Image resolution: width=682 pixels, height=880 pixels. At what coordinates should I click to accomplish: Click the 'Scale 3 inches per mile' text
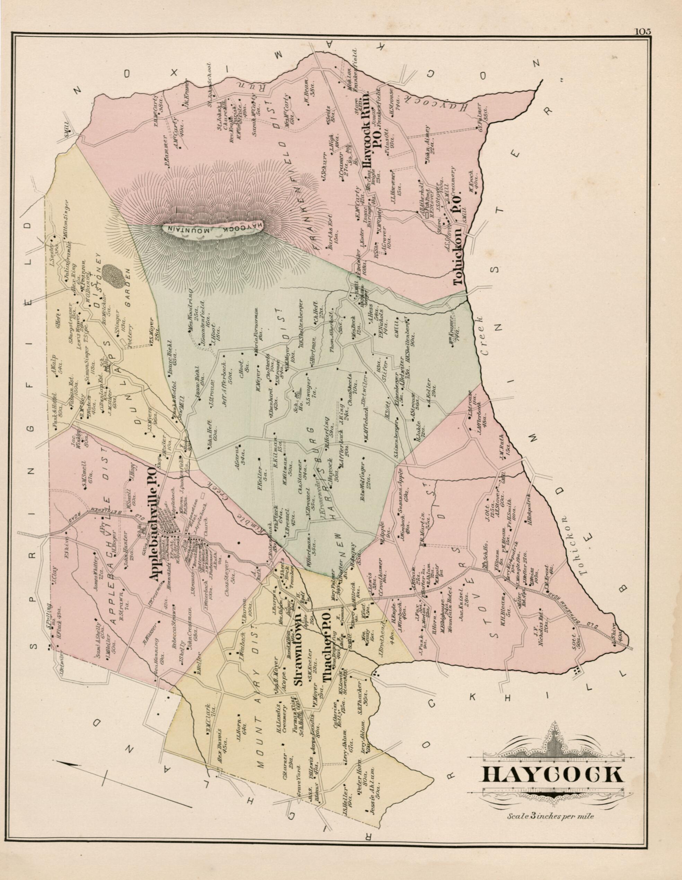coord(551,816)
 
